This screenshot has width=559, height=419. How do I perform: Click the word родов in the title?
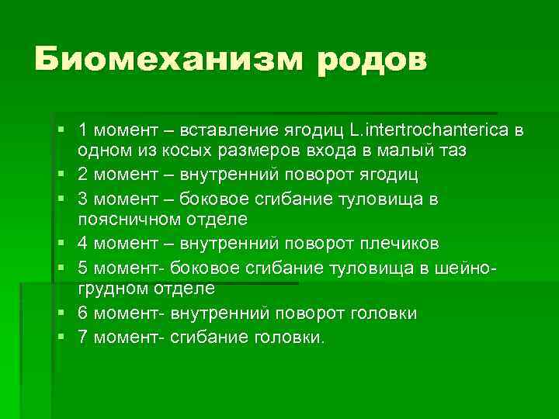click(x=371, y=60)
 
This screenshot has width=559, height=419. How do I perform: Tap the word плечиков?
click(x=399, y=244)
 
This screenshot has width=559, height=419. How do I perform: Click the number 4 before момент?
click(x=83, y=244)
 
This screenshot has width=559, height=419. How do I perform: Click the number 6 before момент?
click(x=83, y=313)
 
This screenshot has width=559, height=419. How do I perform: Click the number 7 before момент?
click(x=83, y=337)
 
